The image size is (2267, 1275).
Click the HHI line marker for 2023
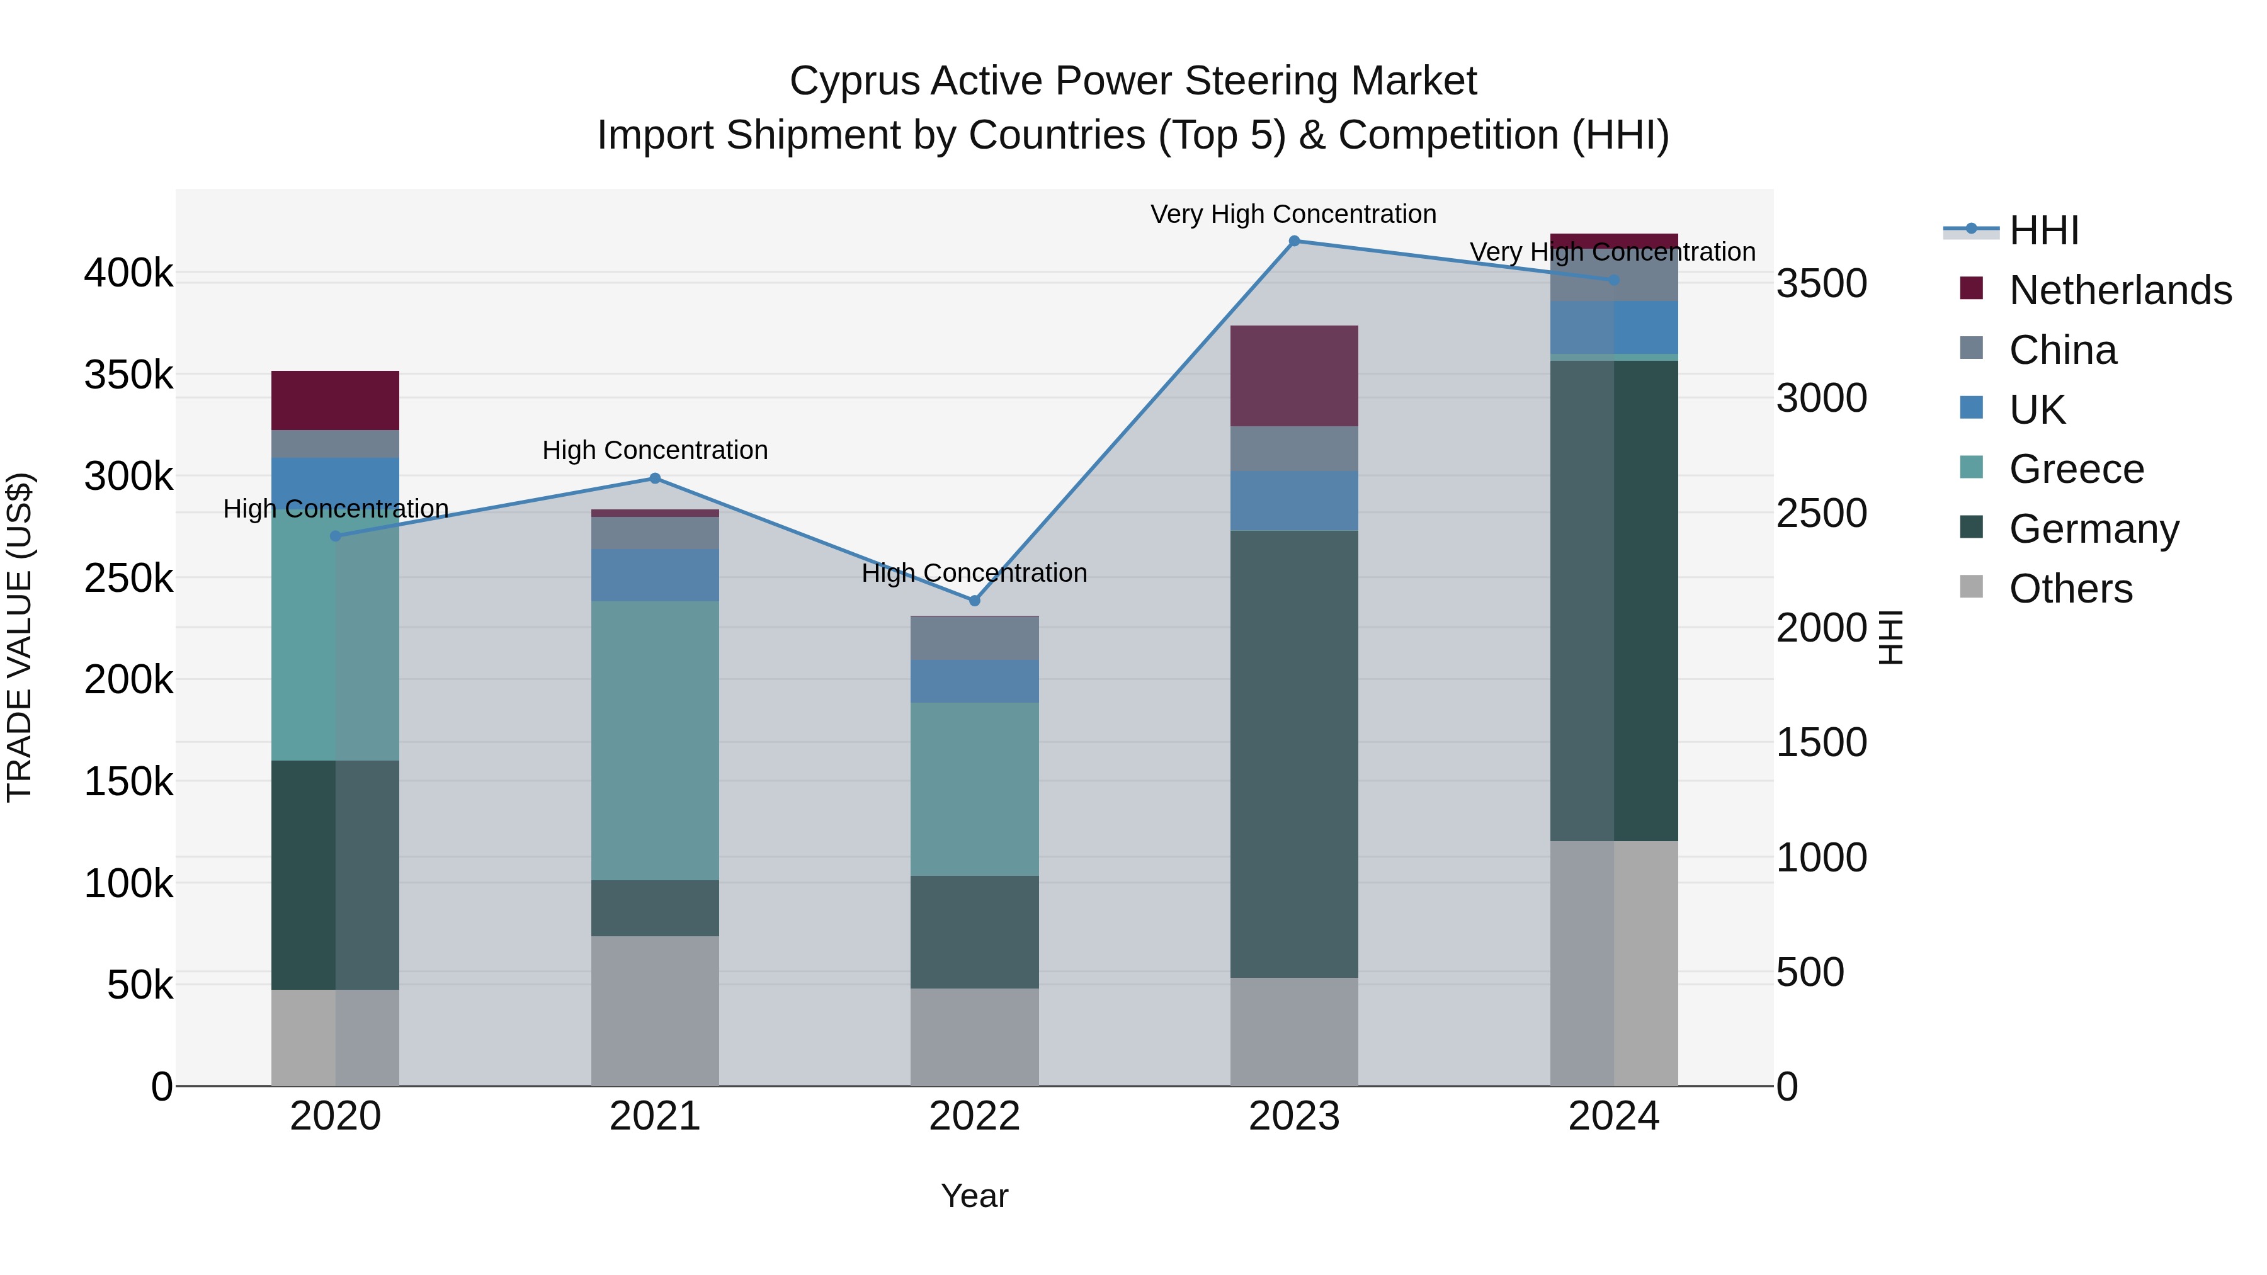(x=1293, y=241)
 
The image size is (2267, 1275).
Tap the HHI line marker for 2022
(x=974, y=601)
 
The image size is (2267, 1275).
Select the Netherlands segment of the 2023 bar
(x=1293, y=376)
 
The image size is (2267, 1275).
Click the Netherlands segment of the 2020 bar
(x=335, y=400)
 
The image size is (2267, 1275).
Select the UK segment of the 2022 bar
(x=974, y=681)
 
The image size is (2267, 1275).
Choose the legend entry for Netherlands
(x=2120, y=290)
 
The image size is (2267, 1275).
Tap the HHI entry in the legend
(x=2043, y=230)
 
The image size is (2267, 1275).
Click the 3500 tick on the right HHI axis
(x=1821, y=284)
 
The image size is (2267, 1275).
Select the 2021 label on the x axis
(x=655, y=1116)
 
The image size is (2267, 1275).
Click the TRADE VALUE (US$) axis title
(x=20, y=637)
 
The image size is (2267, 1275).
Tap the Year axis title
(x=974, y=1196)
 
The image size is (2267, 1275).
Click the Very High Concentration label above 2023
(x=1293, y=214)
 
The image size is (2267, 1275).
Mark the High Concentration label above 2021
(x=655, y=451)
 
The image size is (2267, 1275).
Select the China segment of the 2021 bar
(x=655, y=533)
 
